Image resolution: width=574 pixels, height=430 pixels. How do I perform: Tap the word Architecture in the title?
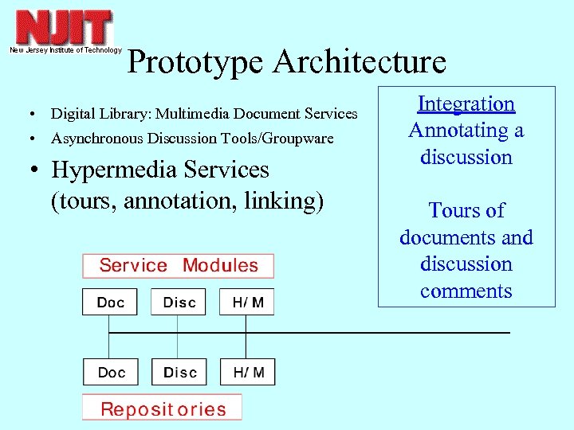[360, 62]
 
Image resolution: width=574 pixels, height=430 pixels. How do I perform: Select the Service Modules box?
[179, 266]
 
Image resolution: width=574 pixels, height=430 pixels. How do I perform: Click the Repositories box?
[163, 409]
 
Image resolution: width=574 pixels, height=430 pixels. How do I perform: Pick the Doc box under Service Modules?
[110, 302]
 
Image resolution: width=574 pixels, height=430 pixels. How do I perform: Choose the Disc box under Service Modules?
[179, 302]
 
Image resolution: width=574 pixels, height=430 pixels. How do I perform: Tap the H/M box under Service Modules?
[248, 302]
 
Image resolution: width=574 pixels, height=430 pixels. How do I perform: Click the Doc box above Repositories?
[110, 373]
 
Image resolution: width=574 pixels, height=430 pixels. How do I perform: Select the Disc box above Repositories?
[179, 373]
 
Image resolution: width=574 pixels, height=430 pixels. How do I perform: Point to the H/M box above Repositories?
[248, 373]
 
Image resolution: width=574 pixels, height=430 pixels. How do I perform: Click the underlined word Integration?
[466, 104]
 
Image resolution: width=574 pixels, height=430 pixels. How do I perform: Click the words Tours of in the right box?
[466, 210]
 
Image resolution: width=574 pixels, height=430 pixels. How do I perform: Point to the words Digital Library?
[96, 114]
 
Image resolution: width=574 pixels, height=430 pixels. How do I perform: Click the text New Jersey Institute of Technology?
[65, 50]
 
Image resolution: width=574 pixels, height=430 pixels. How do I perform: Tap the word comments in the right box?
[466, 291]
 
